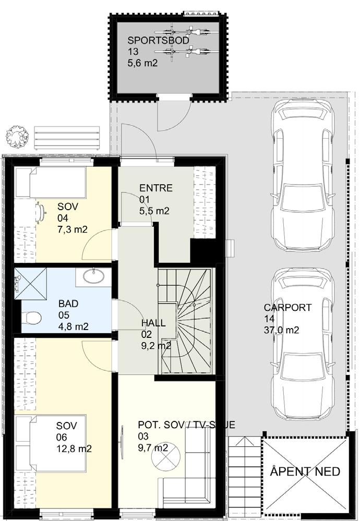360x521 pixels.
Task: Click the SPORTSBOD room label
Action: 158,41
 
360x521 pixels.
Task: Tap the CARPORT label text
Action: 287,307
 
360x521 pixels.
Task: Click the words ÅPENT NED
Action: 305,471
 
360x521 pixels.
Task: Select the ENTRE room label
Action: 156,188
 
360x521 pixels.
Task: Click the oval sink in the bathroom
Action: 93,276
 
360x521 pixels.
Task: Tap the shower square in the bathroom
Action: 30,284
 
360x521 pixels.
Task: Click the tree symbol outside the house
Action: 16,136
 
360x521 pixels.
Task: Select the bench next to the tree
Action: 67,138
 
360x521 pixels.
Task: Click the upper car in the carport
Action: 302,175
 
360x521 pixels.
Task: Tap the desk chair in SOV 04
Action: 41,212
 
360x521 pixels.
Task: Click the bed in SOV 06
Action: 50,443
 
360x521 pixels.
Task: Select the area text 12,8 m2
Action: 74,449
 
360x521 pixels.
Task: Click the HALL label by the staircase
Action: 153,323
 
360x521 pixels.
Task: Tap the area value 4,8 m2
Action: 74,326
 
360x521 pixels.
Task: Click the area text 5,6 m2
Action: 142,63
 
